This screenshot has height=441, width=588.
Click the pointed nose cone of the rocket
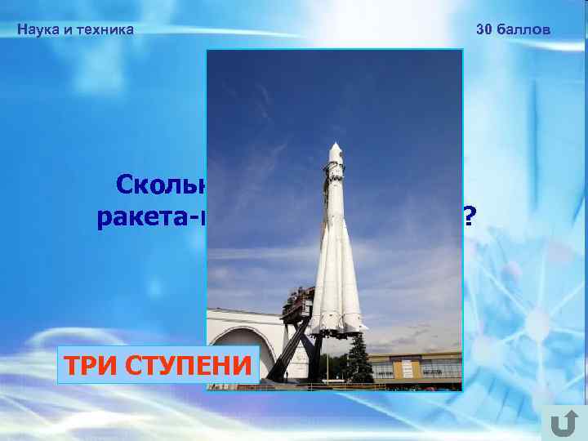[336, 152]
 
